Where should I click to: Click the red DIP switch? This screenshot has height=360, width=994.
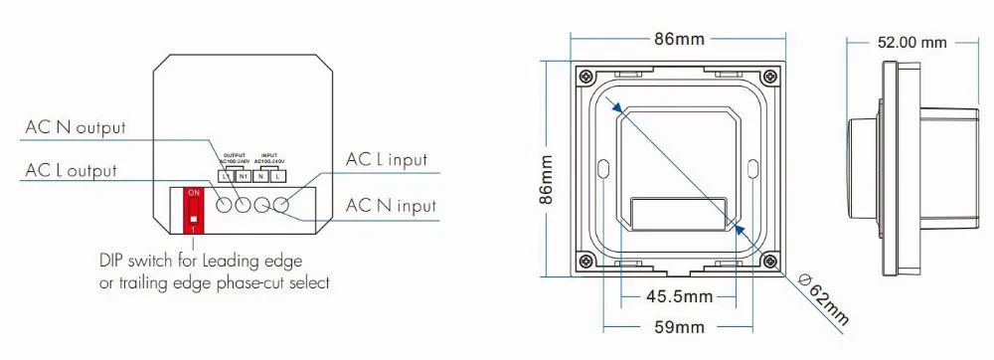(x=194, y=209)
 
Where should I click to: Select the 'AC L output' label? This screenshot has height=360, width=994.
(x=72, y=171)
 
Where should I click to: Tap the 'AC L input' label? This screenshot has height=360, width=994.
(x=386, y=159)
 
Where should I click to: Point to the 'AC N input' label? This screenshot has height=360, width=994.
(x=390, y=206)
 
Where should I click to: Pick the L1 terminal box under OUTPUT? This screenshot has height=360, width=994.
(x=226, y=176)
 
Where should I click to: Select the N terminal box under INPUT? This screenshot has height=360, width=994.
(x=260, y=176)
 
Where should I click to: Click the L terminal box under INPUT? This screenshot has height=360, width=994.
(x=278, y=176)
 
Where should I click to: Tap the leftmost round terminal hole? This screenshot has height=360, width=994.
(x=225, y=205)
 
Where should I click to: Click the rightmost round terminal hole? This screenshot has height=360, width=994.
(x=282, y=205)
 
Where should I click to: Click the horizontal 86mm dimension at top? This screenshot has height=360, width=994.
(x=679, y=39)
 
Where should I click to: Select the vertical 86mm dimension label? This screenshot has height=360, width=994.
(x=545, y=178)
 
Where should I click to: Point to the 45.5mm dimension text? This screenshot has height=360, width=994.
(x=679, y=296)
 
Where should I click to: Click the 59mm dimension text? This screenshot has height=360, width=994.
(x=679, y=326)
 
